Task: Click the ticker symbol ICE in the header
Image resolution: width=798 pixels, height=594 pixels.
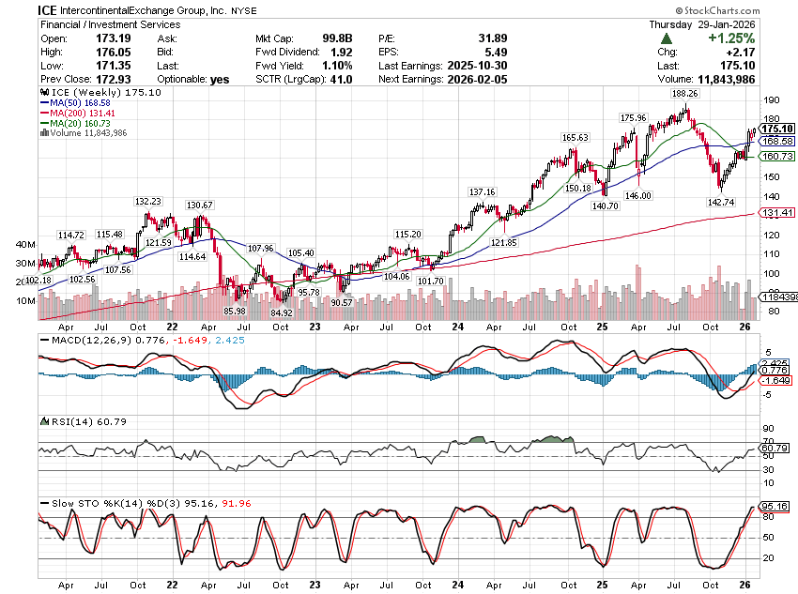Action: tap(50, 8)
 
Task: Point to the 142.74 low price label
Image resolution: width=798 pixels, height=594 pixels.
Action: tap(722, 202)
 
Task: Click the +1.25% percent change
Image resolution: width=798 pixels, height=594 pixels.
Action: tap(733, 38)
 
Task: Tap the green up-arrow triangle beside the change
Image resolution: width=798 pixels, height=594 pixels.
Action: tap(666, 38)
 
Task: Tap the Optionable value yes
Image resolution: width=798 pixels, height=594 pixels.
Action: tap(221, 80)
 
